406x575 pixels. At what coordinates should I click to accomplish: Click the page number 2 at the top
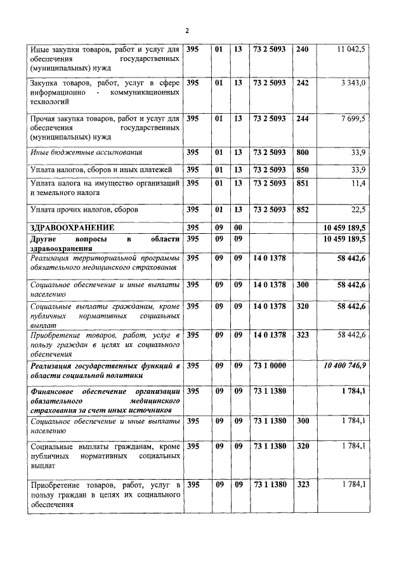coord(187,30)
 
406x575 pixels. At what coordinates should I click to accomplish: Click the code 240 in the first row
coord(302,49)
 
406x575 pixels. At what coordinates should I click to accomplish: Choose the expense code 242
coord(302,83)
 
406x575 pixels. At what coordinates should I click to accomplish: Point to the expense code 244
coord(302,118)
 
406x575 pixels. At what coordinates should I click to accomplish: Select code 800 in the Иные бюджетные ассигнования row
coord(302,152)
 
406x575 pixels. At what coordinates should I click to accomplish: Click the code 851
coord(302,183)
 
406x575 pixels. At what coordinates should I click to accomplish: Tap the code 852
coord(302,209)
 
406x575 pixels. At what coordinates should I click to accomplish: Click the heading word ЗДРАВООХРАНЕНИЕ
coord(72,227)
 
